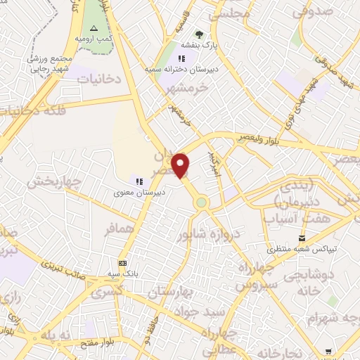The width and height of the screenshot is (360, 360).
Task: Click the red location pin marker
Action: (x=181, y=166)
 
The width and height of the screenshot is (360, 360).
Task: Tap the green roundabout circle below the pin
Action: (x=202, y=202)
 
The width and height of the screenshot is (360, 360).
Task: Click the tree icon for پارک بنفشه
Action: (x=199, y=34)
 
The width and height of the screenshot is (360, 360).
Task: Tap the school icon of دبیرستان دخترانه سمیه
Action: (x=181, y=59)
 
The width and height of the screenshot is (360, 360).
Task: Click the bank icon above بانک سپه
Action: (x=123, y=262)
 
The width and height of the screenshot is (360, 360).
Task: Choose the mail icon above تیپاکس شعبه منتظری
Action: (x=302, y=239)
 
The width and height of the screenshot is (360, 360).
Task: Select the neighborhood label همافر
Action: (x=120, y=229)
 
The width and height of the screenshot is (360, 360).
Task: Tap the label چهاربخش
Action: (x=55, y=182)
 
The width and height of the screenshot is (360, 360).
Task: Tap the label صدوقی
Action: (x=314, y=11)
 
